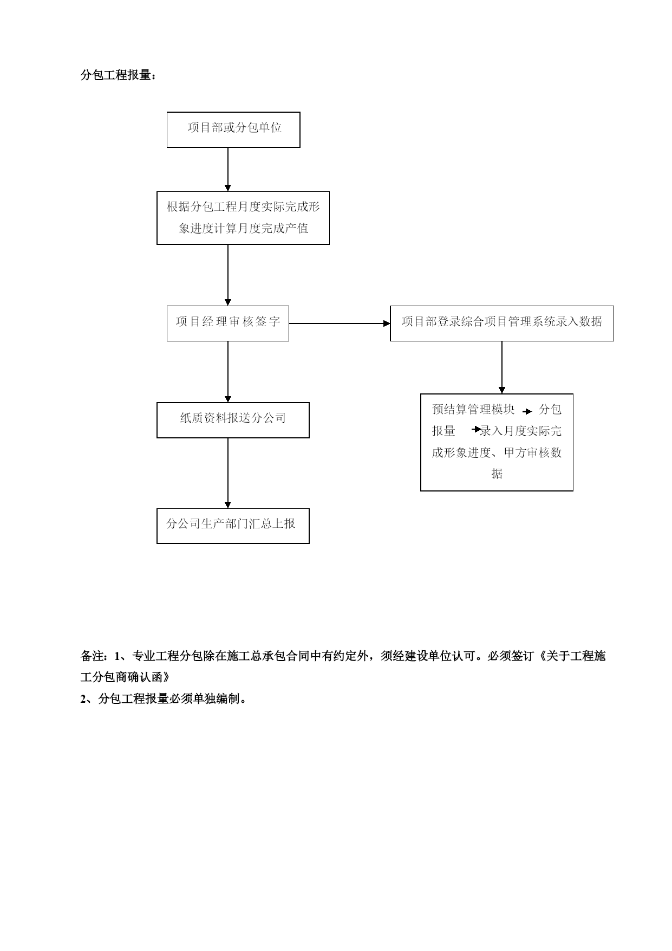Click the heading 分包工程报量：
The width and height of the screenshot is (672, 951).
(119, 75)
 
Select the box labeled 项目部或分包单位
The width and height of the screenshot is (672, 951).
(233, 130)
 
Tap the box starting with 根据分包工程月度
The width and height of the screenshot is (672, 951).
(243, 218)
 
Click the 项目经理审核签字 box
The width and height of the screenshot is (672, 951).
(228, 324)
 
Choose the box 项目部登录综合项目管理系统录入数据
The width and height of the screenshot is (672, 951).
(502, 324)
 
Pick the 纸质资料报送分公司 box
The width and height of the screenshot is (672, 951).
(233, 420)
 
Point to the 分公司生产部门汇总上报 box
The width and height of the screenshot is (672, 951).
(233, 526)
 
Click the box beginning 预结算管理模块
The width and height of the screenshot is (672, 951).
(497, 442)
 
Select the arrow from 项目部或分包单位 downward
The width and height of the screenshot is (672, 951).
(228, 170)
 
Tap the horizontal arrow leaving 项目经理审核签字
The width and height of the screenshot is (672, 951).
(340, 324)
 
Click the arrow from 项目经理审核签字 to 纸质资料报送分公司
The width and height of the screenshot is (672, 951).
(228, 372)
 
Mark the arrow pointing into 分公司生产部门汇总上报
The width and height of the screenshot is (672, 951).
(228, 473)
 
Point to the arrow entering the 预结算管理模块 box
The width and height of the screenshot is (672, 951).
(502, 367)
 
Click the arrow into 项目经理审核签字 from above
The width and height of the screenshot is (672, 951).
(228, 275)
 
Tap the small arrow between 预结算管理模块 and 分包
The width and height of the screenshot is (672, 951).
(527, 411)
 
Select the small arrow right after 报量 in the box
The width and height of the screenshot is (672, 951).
(477, 430)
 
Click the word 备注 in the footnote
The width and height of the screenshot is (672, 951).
(93, 656)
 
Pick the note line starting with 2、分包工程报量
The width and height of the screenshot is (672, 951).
(165, 699)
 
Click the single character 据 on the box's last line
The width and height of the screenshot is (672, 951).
(497, 474)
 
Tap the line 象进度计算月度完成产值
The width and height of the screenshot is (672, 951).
(244, 228)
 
